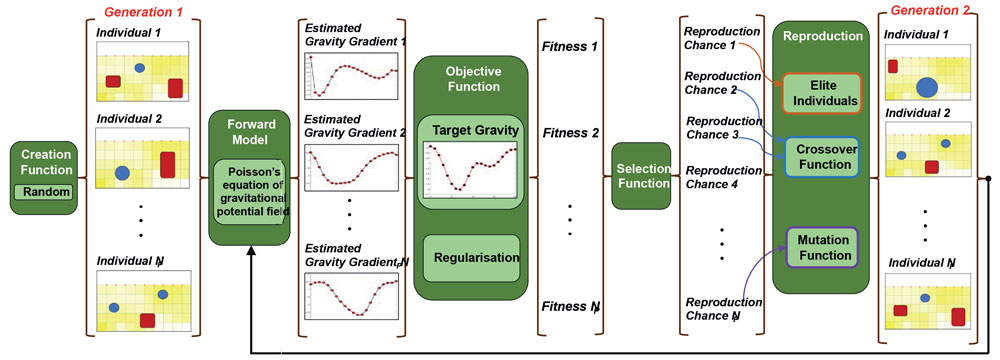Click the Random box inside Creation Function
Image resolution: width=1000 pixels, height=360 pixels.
[40, 192]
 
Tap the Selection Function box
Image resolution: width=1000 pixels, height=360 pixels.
[641, 175]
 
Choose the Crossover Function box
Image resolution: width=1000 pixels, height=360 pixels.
[819, 155]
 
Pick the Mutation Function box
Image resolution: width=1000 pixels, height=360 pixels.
[818, 246]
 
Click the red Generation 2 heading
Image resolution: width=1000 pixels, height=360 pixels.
[931, 12]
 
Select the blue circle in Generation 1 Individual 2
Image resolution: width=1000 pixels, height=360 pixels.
[122, 173]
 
